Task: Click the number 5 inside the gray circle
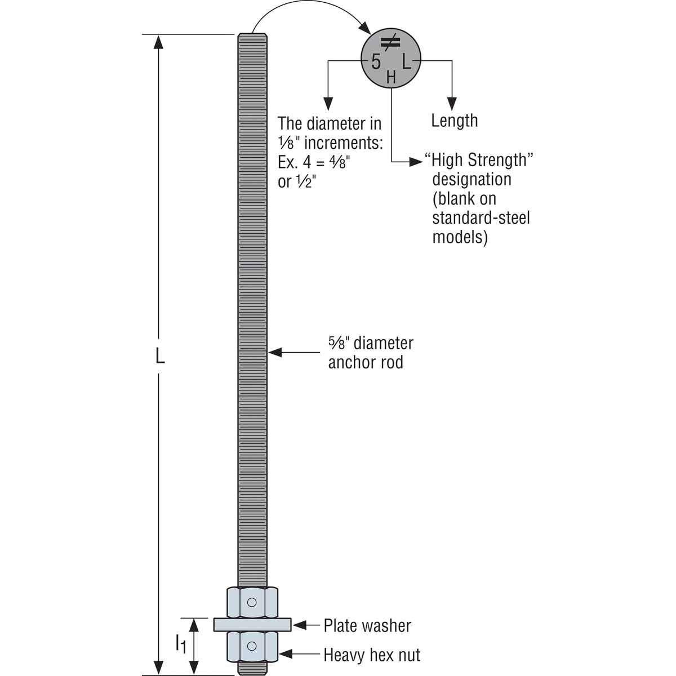click(x=376, y=61)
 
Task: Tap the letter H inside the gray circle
click(x=391, y=77)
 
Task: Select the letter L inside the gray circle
click(x=406, y=60)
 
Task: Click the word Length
click(x=454, y=121)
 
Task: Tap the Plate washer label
click(x=367, y=625)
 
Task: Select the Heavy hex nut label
click(x=372, y=655)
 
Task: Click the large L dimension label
click(x=160, y=356)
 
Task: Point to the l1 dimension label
click(x=180, y=643)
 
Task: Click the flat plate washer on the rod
click(x=252, y=625)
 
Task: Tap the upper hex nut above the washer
click(x=252, y=602)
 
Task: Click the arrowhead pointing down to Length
click(x=452, y=104)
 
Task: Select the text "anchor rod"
click(x=366, y=362)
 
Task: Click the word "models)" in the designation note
click(x=460, y=237)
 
